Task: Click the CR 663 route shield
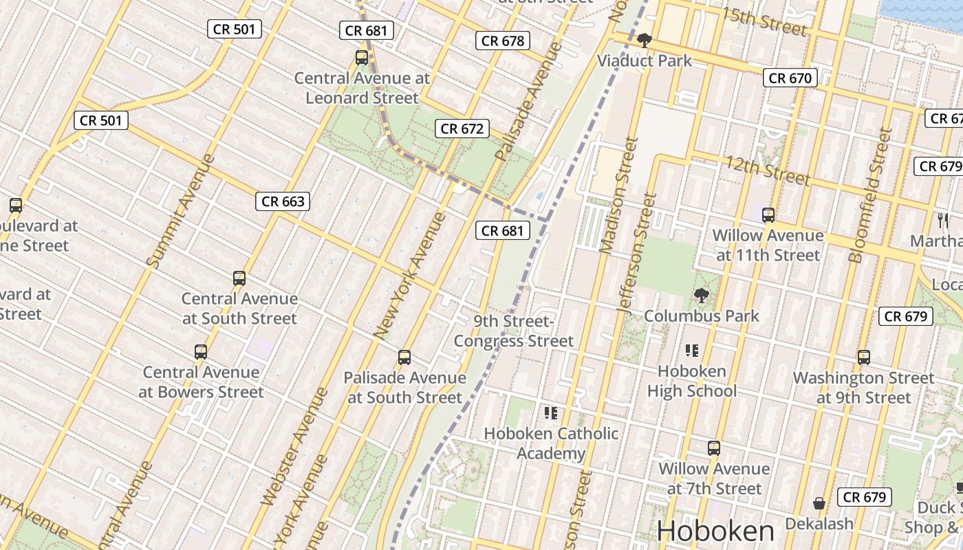click(283, 201)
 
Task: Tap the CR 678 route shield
click(503, 41)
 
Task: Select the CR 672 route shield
click(462, 129)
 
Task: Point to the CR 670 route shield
click(790, 78)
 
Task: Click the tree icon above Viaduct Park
click(644, 41)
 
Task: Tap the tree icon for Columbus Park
click(701, 296)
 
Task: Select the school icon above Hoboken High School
click(692, 351)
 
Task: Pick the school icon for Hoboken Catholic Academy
click(550, 413)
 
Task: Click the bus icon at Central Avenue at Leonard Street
click(362, 58)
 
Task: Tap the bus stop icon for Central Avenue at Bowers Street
click(201, 352)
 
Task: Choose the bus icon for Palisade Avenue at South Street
click(404, 357)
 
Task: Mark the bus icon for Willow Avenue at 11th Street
click(768, 215)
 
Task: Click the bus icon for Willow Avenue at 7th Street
click(714, 448)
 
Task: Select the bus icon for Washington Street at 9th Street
click(864, 357)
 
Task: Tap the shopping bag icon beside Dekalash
click(819, 504)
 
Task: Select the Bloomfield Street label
click(871, 195)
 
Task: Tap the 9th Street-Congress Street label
click(514, 331)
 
